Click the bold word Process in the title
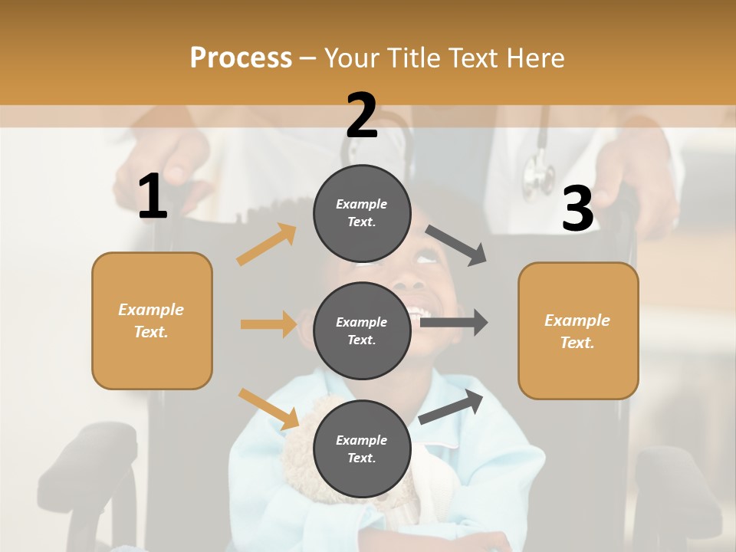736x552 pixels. [241, 58]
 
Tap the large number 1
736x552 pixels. [153, 197]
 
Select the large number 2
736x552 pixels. [362, 116]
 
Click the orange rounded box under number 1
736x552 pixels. [152, 320]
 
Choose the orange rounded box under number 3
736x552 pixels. [578, 331]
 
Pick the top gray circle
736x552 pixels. [362, 213]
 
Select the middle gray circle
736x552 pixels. [362, 330]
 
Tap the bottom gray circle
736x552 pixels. [362, 449]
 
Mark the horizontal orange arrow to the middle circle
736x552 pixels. [268, 324]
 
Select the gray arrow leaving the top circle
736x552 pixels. [457, 245]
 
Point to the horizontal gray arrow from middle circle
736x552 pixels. [454, 322]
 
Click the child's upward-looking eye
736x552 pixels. [426, 259]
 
